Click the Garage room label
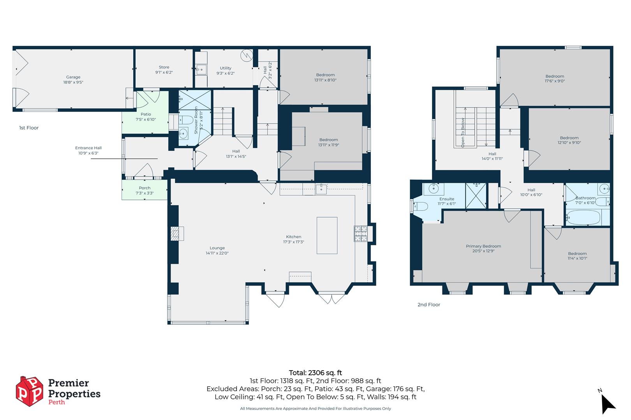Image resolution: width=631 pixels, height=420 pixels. point(73,80)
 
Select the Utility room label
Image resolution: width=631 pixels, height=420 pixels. point(226,70)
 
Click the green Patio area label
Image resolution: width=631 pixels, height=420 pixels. point(146,117)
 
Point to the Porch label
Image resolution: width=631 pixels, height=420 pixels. point(145,190)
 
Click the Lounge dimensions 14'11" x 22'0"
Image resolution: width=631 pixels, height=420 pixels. point(217,253)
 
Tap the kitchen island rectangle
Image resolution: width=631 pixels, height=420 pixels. point(327,235)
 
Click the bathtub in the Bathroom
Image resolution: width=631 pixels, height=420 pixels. point(583,217)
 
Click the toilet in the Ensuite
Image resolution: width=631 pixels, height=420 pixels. point(421,206)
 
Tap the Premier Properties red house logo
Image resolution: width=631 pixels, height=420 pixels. point(29,391)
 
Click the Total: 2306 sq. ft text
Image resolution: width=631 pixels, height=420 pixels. point(315,373)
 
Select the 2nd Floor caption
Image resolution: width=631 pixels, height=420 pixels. point(428,305)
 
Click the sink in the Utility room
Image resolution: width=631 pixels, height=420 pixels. point(201,70)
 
